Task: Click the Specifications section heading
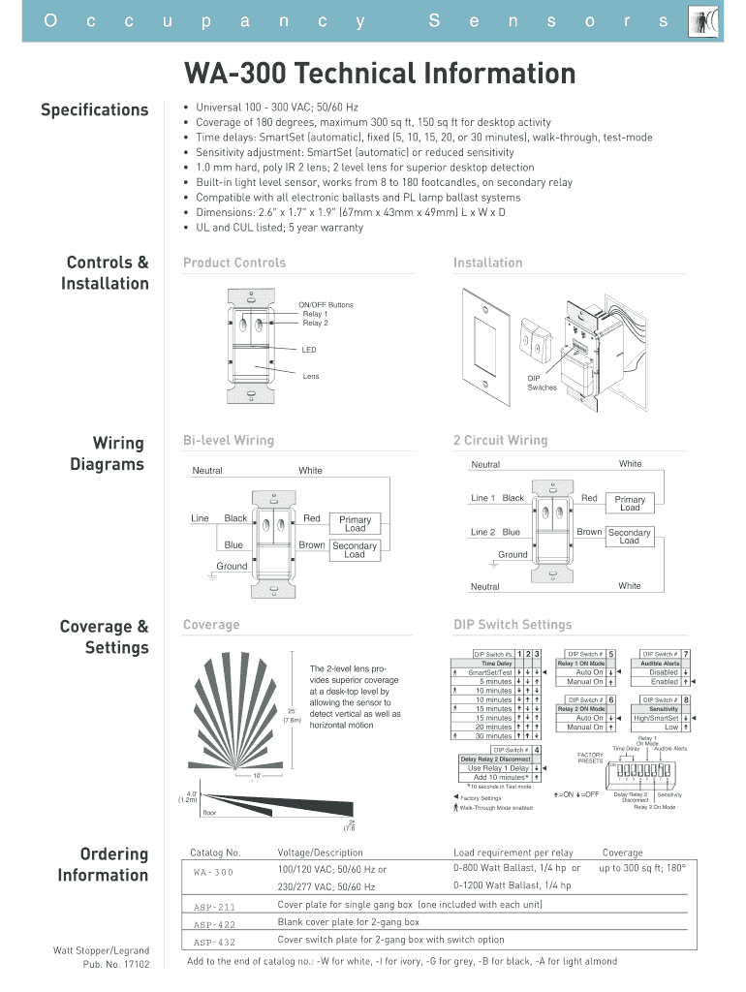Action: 94,109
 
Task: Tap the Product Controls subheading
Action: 234,263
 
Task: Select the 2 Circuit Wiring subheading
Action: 500,440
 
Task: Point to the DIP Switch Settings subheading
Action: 513,625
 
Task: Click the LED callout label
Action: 309,350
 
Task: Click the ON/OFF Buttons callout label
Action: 327,305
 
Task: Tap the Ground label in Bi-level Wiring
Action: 232,566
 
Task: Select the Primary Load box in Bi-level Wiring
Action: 355,524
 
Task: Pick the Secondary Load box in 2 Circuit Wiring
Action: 629,537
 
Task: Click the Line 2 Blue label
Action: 495,532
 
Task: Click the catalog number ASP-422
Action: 214,924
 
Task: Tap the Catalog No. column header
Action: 215,853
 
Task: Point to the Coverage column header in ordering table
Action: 622,853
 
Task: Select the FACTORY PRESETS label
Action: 590,758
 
